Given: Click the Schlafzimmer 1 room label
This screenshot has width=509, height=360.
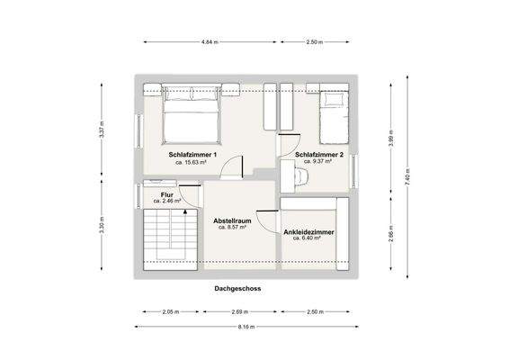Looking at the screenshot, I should pos(192,155).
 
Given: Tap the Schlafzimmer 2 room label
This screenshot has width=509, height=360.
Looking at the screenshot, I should pos(319,155).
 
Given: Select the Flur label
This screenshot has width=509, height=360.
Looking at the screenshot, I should pos(167,194).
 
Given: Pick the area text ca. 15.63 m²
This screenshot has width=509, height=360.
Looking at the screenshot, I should pos(192,163).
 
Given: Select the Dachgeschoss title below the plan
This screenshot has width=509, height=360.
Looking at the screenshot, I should pos(238,289).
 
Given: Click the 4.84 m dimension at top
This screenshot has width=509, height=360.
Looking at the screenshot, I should pos(210,42).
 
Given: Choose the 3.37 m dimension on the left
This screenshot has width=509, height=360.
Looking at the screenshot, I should pos(102,133).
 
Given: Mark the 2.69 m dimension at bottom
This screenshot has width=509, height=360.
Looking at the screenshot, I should pos(239,311).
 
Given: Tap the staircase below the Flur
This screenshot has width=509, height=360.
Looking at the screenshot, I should pos(170,236).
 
